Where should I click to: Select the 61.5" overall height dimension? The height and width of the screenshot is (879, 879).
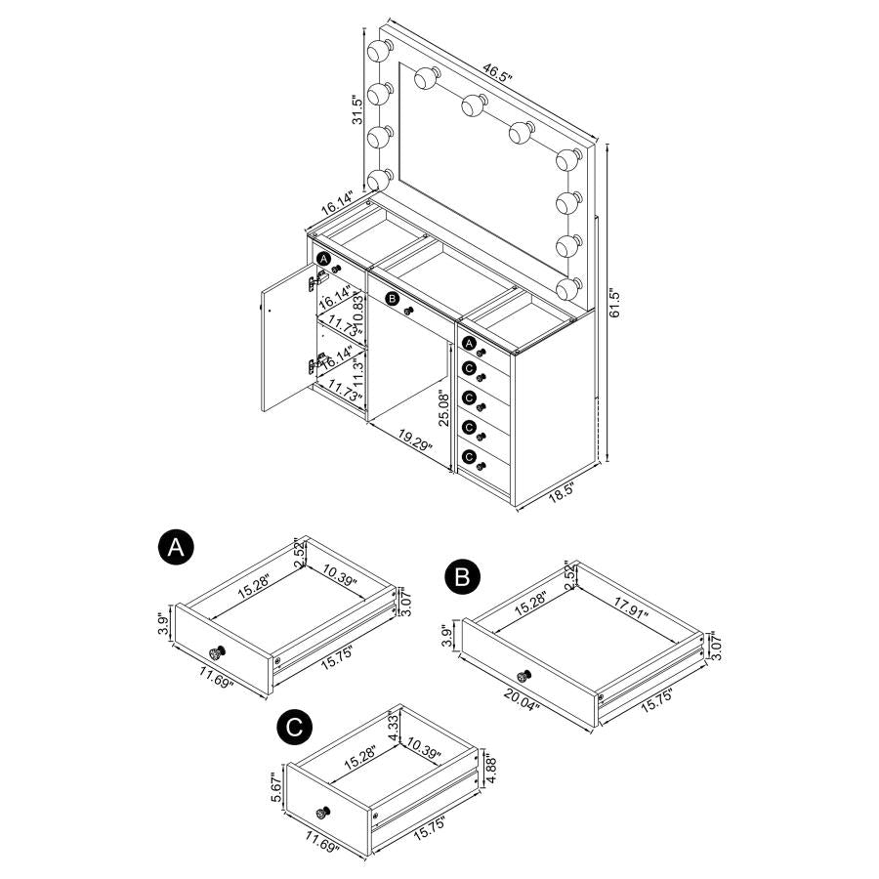click(x=614, y=304)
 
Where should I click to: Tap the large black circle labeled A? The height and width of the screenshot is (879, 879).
click(x=176, y=547)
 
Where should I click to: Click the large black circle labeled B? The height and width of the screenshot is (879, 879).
click(x=462, y=575)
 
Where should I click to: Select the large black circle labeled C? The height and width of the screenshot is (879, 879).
click(x=294, y=728)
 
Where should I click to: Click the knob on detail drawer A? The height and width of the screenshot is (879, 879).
click(x=217, y=652)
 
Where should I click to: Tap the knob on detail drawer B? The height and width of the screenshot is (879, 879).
click(x=524, y=676)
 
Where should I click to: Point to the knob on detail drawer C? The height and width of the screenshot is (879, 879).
click(x=322, y=813)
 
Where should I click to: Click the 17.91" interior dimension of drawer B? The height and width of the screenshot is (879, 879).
click(x=631, y=607)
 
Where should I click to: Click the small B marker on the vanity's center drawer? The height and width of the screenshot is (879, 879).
click(x=393, y=299)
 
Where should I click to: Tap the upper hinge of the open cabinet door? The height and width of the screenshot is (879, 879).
click(x=317, y=279)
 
